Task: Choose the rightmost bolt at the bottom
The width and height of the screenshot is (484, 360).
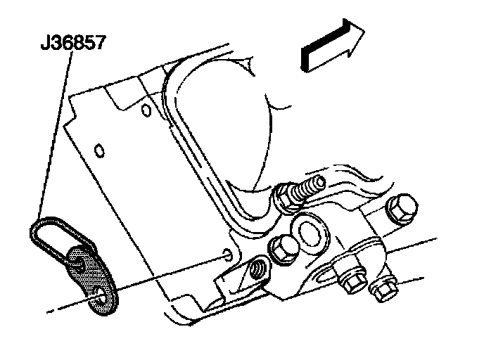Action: pos(383,289)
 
